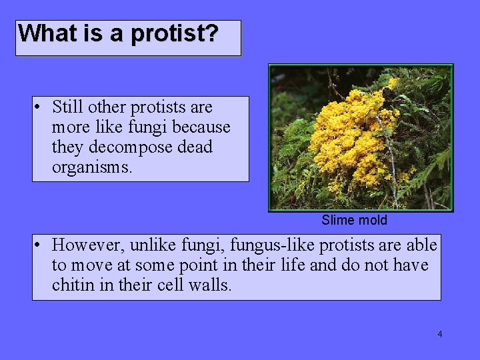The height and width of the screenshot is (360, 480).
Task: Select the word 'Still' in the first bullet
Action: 67,107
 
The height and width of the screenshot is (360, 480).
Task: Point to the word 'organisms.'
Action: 92,167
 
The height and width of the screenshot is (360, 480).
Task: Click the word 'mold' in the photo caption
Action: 372,220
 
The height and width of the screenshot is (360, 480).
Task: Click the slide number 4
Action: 439,334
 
